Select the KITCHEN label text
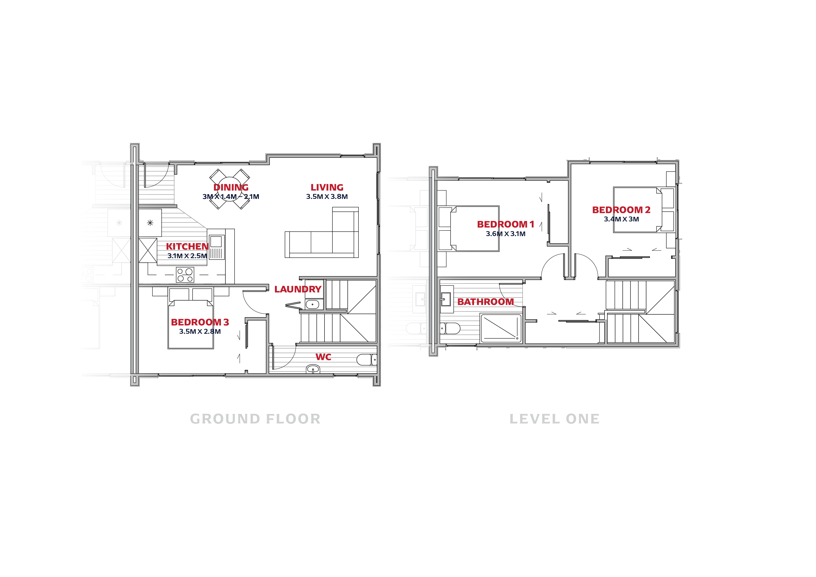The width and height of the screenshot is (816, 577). click(x=187, y=246)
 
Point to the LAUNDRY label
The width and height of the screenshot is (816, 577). click(x=298, y=289)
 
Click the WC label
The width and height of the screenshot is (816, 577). click(x=323, y=357)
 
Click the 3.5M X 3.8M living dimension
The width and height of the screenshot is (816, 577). click(x=327, y=197)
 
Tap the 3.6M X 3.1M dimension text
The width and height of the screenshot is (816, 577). click(x=506, y=234)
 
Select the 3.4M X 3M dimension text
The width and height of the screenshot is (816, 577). click(x=621, y=219)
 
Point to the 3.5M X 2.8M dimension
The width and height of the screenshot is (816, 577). click(x=200, y=331)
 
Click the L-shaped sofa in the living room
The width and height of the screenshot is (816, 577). click(x=322, y=233)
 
